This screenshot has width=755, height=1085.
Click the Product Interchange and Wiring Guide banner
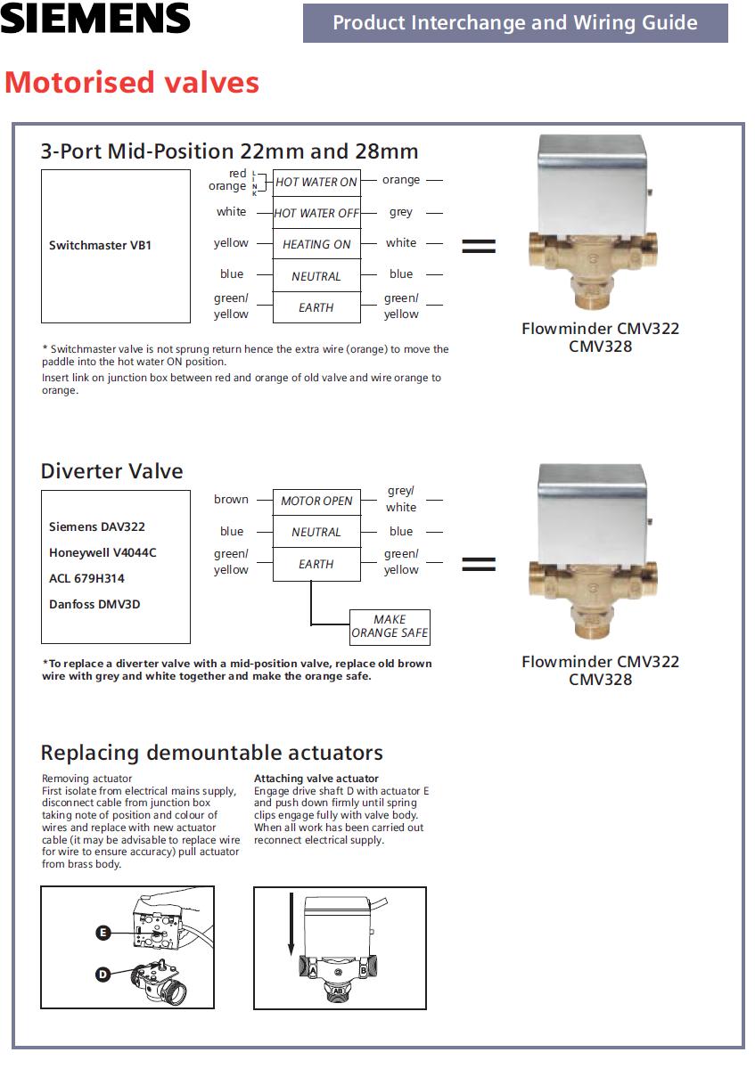[x=515, y=23]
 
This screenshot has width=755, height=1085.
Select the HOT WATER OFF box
[x=316, y=213]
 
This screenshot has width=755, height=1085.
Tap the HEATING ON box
[x=316, y=244]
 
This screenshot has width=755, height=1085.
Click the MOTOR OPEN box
[x=316, y=501]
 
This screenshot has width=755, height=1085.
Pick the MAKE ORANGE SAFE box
[x=390, y=626]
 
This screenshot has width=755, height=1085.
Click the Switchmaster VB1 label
[x=100, y=245]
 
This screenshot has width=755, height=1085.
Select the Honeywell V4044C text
[x=103, y=552]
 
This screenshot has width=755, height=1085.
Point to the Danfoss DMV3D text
[x=94, y=604]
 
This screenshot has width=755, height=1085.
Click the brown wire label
[x=231, y=500]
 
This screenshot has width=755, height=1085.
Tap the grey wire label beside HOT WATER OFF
[x=401, y=213]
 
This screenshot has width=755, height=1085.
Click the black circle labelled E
[x=103, y=933]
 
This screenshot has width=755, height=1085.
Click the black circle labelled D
[x=103, y=975]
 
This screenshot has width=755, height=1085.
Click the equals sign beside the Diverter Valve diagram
[x=479, y=564]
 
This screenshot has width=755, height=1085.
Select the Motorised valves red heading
[x=132, y=83]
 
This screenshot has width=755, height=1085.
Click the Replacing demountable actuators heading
[x=211, y=753]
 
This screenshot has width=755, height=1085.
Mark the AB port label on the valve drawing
[x=338, y=989]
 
